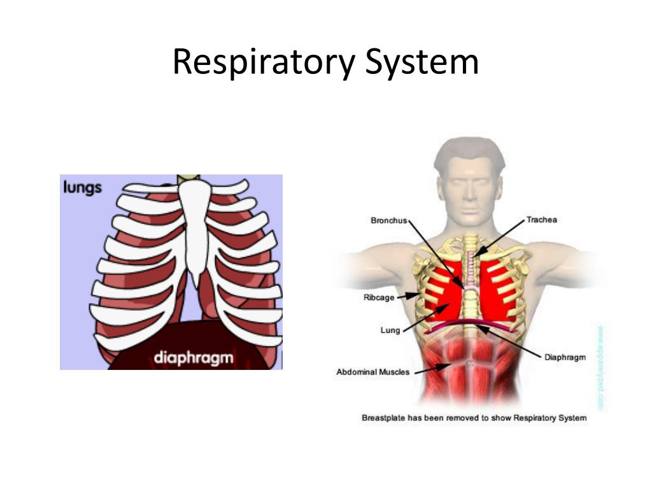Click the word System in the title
(422, 63)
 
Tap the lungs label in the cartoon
(83, 188)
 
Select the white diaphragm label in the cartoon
(194, 357)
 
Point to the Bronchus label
(388, 221)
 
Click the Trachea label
(541, 220)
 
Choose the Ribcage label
(379, 297)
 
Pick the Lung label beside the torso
(390, 330)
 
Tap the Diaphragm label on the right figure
(565, 357)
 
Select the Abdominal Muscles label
(372, 372)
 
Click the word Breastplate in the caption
(383, 418)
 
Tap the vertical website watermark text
(600, 368)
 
